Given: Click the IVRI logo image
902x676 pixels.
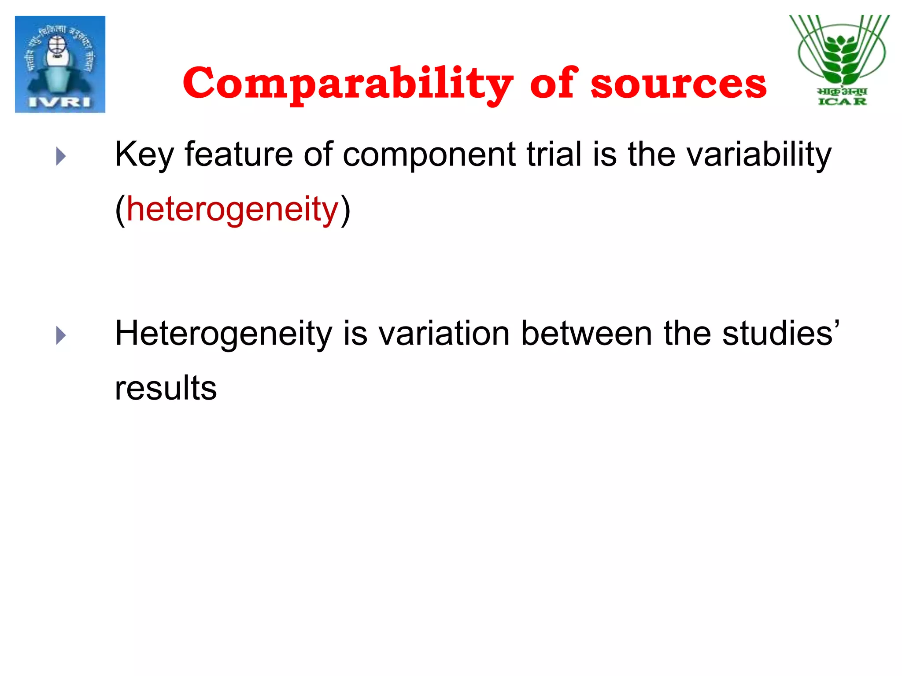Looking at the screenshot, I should [x=60, y=64].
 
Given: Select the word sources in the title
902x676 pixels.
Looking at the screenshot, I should [x=678, y=84].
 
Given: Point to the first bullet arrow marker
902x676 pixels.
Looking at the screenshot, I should [x=61, y=156].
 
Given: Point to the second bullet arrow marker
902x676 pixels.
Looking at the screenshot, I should [x=61, y=335].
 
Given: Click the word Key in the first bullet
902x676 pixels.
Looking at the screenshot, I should [x=144, y=155].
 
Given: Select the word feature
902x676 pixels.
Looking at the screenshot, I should [x=238, y=154].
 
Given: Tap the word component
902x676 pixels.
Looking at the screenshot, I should [x=429, y=155].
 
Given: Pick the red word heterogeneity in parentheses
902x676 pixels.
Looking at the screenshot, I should [x=232, y=210].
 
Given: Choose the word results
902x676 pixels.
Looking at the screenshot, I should [x=166, y=388].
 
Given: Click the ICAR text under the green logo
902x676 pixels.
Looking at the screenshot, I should [x=842, y=102].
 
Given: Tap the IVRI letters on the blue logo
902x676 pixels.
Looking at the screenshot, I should [x=60, y=102].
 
